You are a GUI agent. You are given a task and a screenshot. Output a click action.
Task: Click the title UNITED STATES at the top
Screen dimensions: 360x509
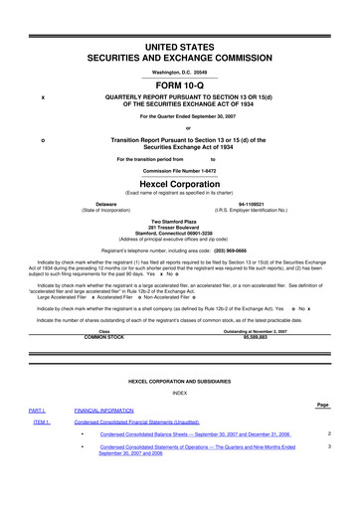tap(180, 48)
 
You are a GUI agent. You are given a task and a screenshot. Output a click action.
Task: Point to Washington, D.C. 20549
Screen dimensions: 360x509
tap(180, 73)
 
